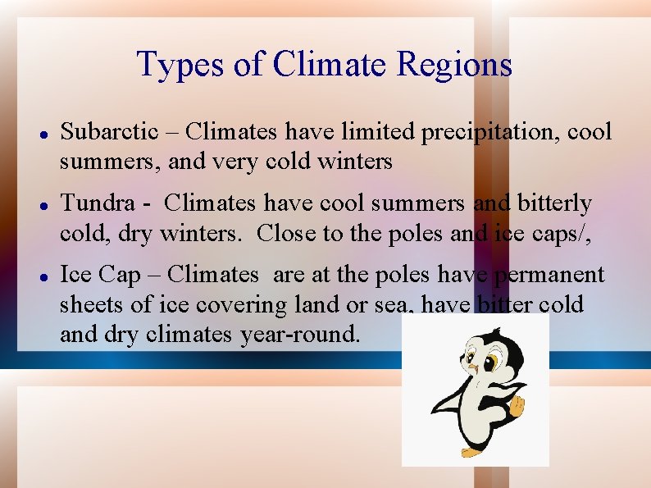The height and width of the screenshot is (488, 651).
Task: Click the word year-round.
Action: click(x=299, y=335)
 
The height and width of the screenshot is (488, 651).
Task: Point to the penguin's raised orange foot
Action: click(x=517, y=405)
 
